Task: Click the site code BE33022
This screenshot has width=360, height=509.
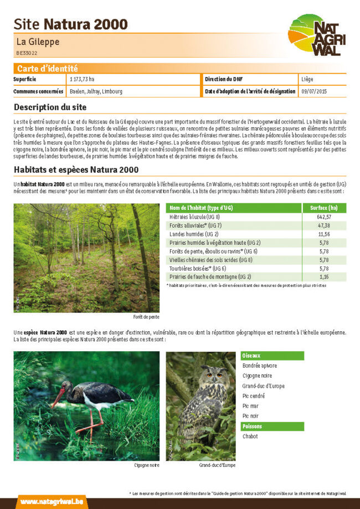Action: (x=27, y=53)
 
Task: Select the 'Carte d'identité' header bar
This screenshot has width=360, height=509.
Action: (x=48, y=69)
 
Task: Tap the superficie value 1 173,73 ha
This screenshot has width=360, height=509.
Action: (x=82, y=79)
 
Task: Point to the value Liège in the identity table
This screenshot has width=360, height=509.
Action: (x=307, y=79)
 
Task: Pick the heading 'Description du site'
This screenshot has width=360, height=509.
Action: (x=50, y=107)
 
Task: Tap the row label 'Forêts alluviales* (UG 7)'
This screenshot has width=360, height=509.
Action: (x=196, y=225)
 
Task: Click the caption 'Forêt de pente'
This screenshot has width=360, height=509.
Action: (x=146, y=317)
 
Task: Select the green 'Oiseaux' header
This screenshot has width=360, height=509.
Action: (x=252, y=356)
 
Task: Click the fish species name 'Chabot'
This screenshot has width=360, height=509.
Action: (x=250, y=436)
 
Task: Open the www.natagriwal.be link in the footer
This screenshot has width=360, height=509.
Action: (x=45, y=501)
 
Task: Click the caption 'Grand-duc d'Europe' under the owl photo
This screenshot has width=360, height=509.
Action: (x=217, y=465)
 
